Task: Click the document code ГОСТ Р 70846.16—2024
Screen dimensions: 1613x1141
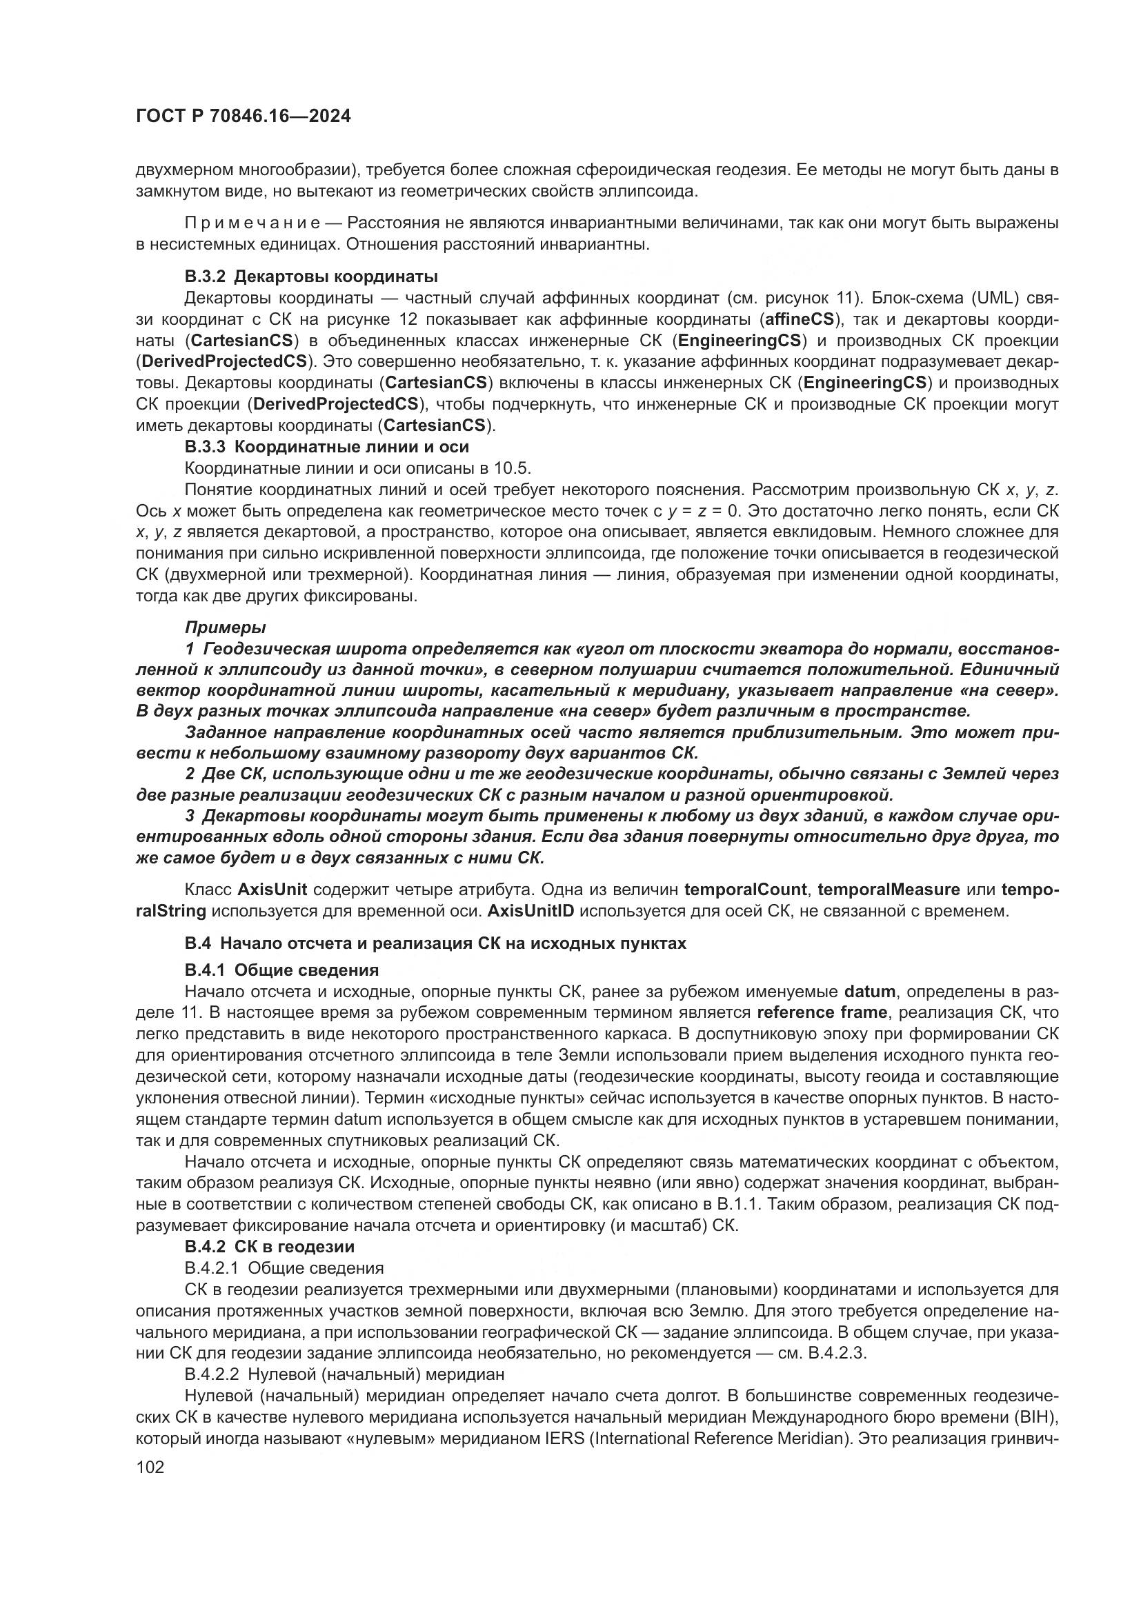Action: [242, 117]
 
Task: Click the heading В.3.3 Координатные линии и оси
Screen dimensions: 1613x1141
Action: [327, 447]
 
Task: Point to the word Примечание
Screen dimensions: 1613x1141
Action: [252, 224]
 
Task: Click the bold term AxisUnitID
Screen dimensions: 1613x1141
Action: [530, 911]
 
